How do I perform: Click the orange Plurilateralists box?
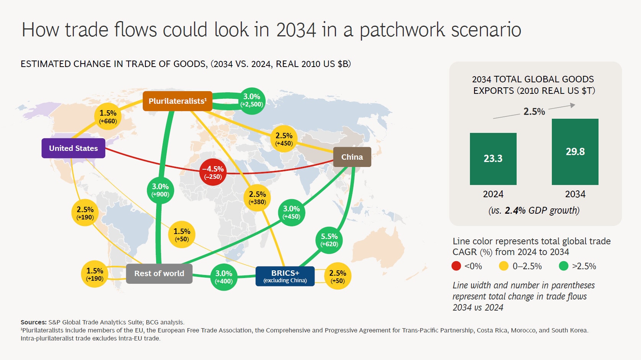coord(177,101)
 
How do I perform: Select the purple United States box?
coord(73,148)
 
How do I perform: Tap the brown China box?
coord(352,157)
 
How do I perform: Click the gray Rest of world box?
coord(159,273)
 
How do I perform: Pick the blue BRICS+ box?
coord(285,276)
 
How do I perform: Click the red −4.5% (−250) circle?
coord(213,172)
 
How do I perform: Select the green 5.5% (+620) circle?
coord(329,240)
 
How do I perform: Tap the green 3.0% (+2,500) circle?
coord(251,100)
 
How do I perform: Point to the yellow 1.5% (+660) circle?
coord(108,117)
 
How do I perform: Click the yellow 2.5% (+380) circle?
coord(257,198)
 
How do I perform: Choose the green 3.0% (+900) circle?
coord(160,190)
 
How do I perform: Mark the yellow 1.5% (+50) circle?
coord(182,235)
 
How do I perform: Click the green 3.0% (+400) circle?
coord(223,277)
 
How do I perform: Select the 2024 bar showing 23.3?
coord(493,159)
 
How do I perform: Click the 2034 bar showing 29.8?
coord(575,152)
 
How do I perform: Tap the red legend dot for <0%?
coord(456,266)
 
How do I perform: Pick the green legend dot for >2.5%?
coord(563,266)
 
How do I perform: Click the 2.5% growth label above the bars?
coord(534,111)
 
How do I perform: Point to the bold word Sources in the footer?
coord(33,322)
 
